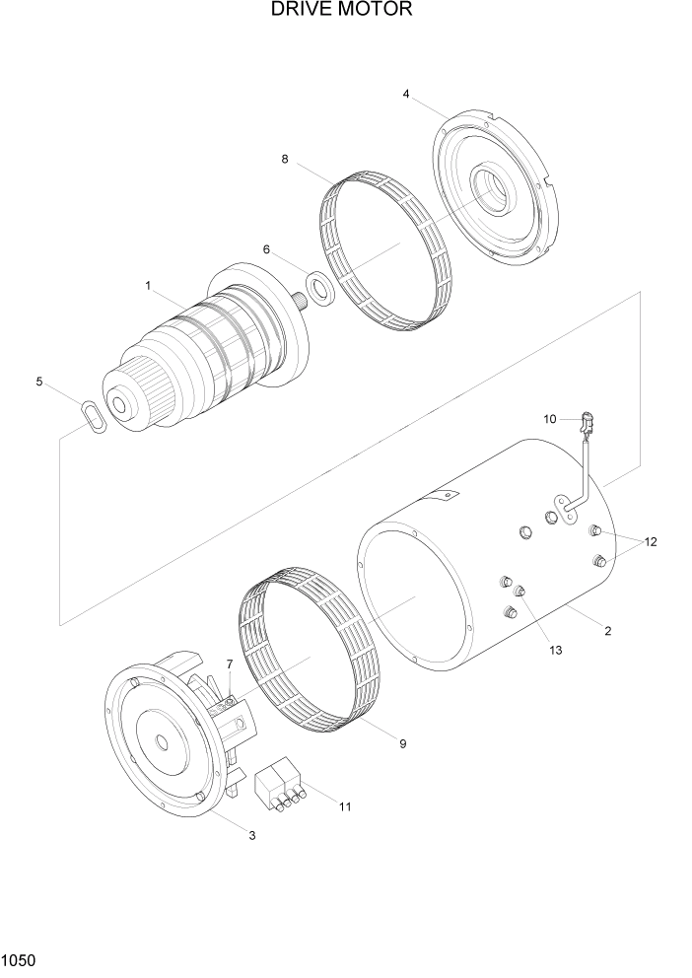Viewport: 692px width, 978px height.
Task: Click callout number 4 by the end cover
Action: point(405,94)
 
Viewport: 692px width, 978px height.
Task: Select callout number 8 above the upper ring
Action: point(285,158)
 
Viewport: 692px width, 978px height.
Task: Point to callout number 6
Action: point(266,250)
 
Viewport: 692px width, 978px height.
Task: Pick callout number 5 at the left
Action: point(39,382)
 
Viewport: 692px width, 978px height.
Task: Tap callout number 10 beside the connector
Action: point(550,419)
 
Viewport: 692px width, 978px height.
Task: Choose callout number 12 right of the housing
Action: point(651,542)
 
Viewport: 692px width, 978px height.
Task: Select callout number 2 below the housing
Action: point(607,631)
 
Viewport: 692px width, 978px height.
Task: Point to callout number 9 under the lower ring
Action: point(402,744)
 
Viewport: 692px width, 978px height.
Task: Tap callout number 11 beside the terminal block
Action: point(345,806)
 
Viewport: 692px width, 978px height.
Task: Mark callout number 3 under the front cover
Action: point(252,835)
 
